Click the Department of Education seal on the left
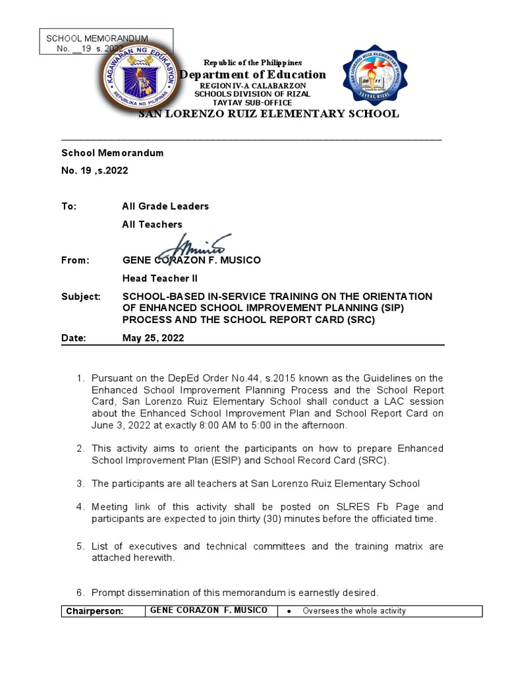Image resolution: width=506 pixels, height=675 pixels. (139, 77)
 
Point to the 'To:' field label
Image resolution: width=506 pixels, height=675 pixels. (69, 206)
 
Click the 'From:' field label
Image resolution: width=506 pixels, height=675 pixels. (75, 260)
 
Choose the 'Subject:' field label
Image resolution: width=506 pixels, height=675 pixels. (81, 297)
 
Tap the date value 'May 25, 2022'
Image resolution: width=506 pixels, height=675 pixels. (154, 338)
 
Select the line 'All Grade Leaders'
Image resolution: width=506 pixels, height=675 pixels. (165, 206)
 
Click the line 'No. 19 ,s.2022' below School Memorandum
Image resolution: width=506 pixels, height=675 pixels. (95, 171)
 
